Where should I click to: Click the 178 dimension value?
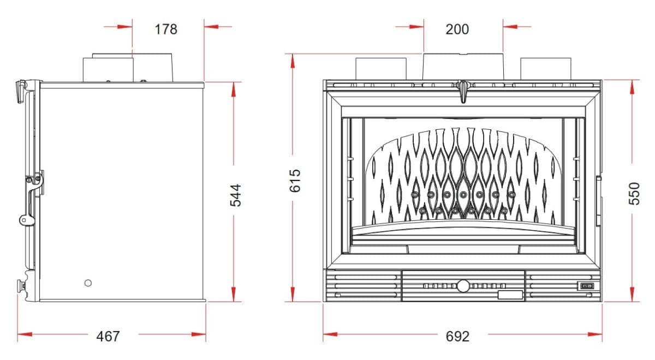coord(166,29)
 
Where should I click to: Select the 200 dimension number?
coord(457,29)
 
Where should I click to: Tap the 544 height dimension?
coord(235,195)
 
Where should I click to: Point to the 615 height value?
coord(295,181)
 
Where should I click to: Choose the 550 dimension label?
coord(634,194)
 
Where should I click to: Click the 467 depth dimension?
coord(108,337)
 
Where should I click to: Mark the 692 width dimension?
coord(457,337)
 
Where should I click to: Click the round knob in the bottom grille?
coord(463,286)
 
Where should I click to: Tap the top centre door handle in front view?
coord(463,91)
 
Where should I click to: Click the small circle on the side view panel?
coord(88,283)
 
